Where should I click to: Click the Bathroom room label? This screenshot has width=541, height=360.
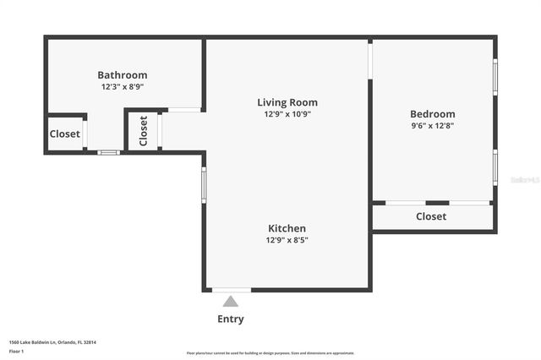tap(123, 75)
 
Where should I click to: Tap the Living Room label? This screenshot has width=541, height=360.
tap(287, 102)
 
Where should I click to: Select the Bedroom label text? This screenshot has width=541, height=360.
tap(432, 114)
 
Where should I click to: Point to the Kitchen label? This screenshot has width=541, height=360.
tap(287, 228)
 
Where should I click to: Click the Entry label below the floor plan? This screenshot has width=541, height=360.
tap(231, 319)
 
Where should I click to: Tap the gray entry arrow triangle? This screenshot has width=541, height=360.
tap(231, 301)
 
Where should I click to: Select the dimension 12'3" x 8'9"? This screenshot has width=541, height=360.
tap(123, 86)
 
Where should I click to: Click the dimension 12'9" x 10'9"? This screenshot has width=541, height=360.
tap(287, 114)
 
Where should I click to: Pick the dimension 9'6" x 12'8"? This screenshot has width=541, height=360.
tap(432, 126)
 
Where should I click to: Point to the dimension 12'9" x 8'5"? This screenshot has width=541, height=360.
tap(287, 240)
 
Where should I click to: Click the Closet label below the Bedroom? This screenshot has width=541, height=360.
tap(431, 216)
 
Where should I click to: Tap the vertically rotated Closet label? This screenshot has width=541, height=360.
tap(143, 130)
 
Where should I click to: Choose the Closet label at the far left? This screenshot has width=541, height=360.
tap(65, 134)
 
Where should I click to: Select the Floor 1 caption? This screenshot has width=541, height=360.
tap(16, 350)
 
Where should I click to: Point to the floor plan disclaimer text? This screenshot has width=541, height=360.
tap(270, 353)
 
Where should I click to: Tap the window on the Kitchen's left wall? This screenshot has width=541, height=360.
tap(204, 184)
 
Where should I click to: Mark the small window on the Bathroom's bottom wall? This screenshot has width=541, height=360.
tap(108, 152)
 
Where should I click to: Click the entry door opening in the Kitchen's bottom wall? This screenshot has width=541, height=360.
tap(231, 290)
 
